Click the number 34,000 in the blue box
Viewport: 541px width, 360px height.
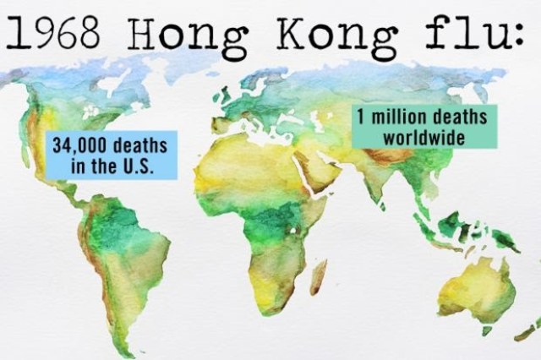pyautogui.click(x=81, y=145)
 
